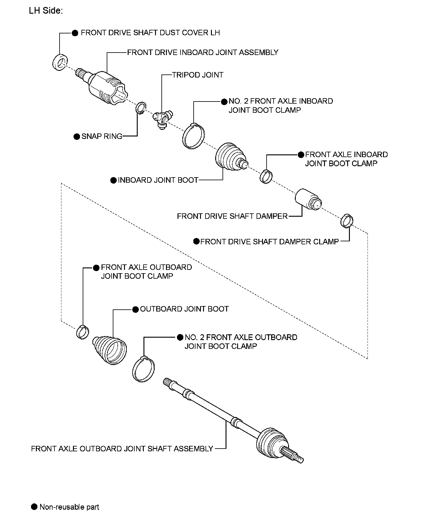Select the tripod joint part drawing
click(163, 119)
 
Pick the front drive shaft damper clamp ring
click(347, 221)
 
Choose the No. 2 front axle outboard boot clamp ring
click(143, 369)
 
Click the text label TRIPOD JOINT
click(198, 75)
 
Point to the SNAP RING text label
click(102, 136)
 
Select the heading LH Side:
click(46, 11)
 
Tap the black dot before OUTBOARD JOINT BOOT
click(136, 309)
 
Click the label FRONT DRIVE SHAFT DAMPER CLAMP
click(269, 242)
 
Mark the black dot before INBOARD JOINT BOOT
click(113, 180)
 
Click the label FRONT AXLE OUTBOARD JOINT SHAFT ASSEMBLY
click(122, 449)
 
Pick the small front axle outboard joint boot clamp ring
click(82, 332)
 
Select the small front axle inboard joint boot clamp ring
click(266, 177)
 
